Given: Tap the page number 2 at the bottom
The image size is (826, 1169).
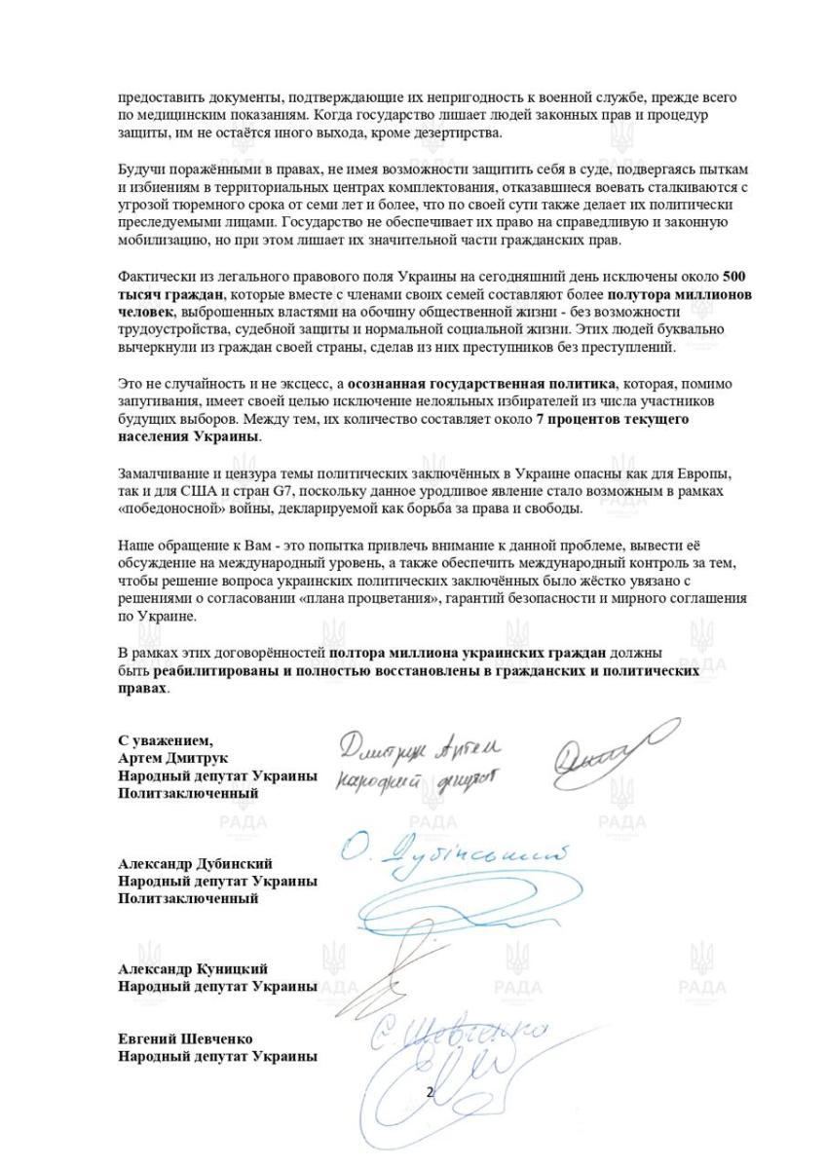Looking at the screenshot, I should click(430, 1092).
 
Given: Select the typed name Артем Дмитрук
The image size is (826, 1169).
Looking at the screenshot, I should click(173, 758).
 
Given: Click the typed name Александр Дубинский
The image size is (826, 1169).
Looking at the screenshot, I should click(195, 863).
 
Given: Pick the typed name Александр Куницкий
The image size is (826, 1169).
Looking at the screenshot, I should click(193, 968).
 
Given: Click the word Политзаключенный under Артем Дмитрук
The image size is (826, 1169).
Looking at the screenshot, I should click(188, 793).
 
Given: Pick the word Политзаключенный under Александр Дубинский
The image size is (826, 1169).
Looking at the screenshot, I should click(188, 898).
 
